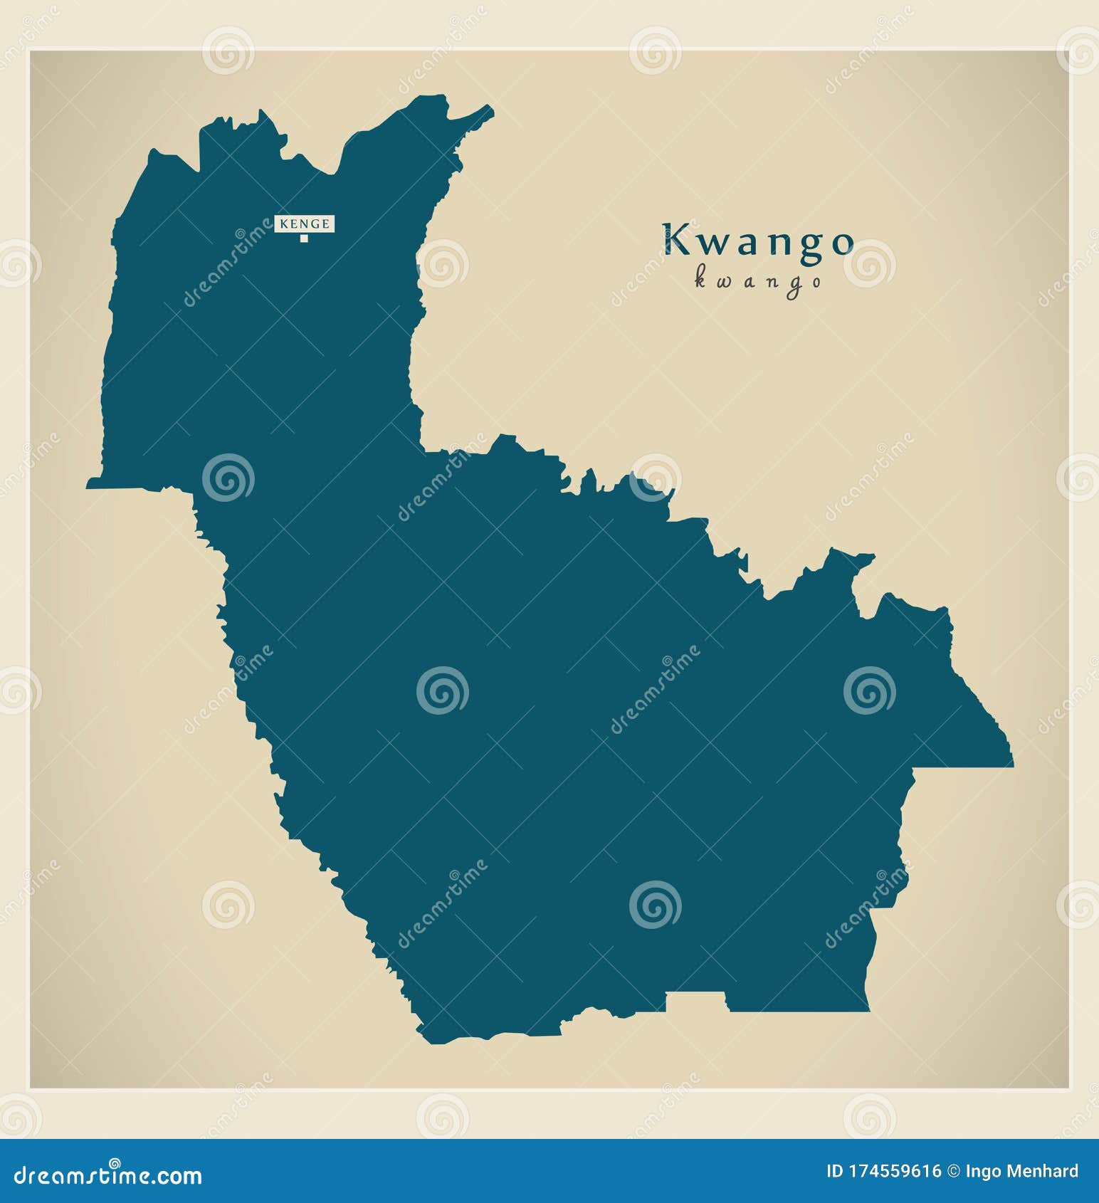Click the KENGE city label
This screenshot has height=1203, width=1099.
[x=305, y=224]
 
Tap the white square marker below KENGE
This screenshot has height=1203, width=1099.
[x=304, y=239]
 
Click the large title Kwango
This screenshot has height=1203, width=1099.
[x=758, y=241]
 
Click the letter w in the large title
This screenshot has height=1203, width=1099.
[x=717, y=243]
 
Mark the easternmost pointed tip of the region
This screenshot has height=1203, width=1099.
[x=1011, y=765]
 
